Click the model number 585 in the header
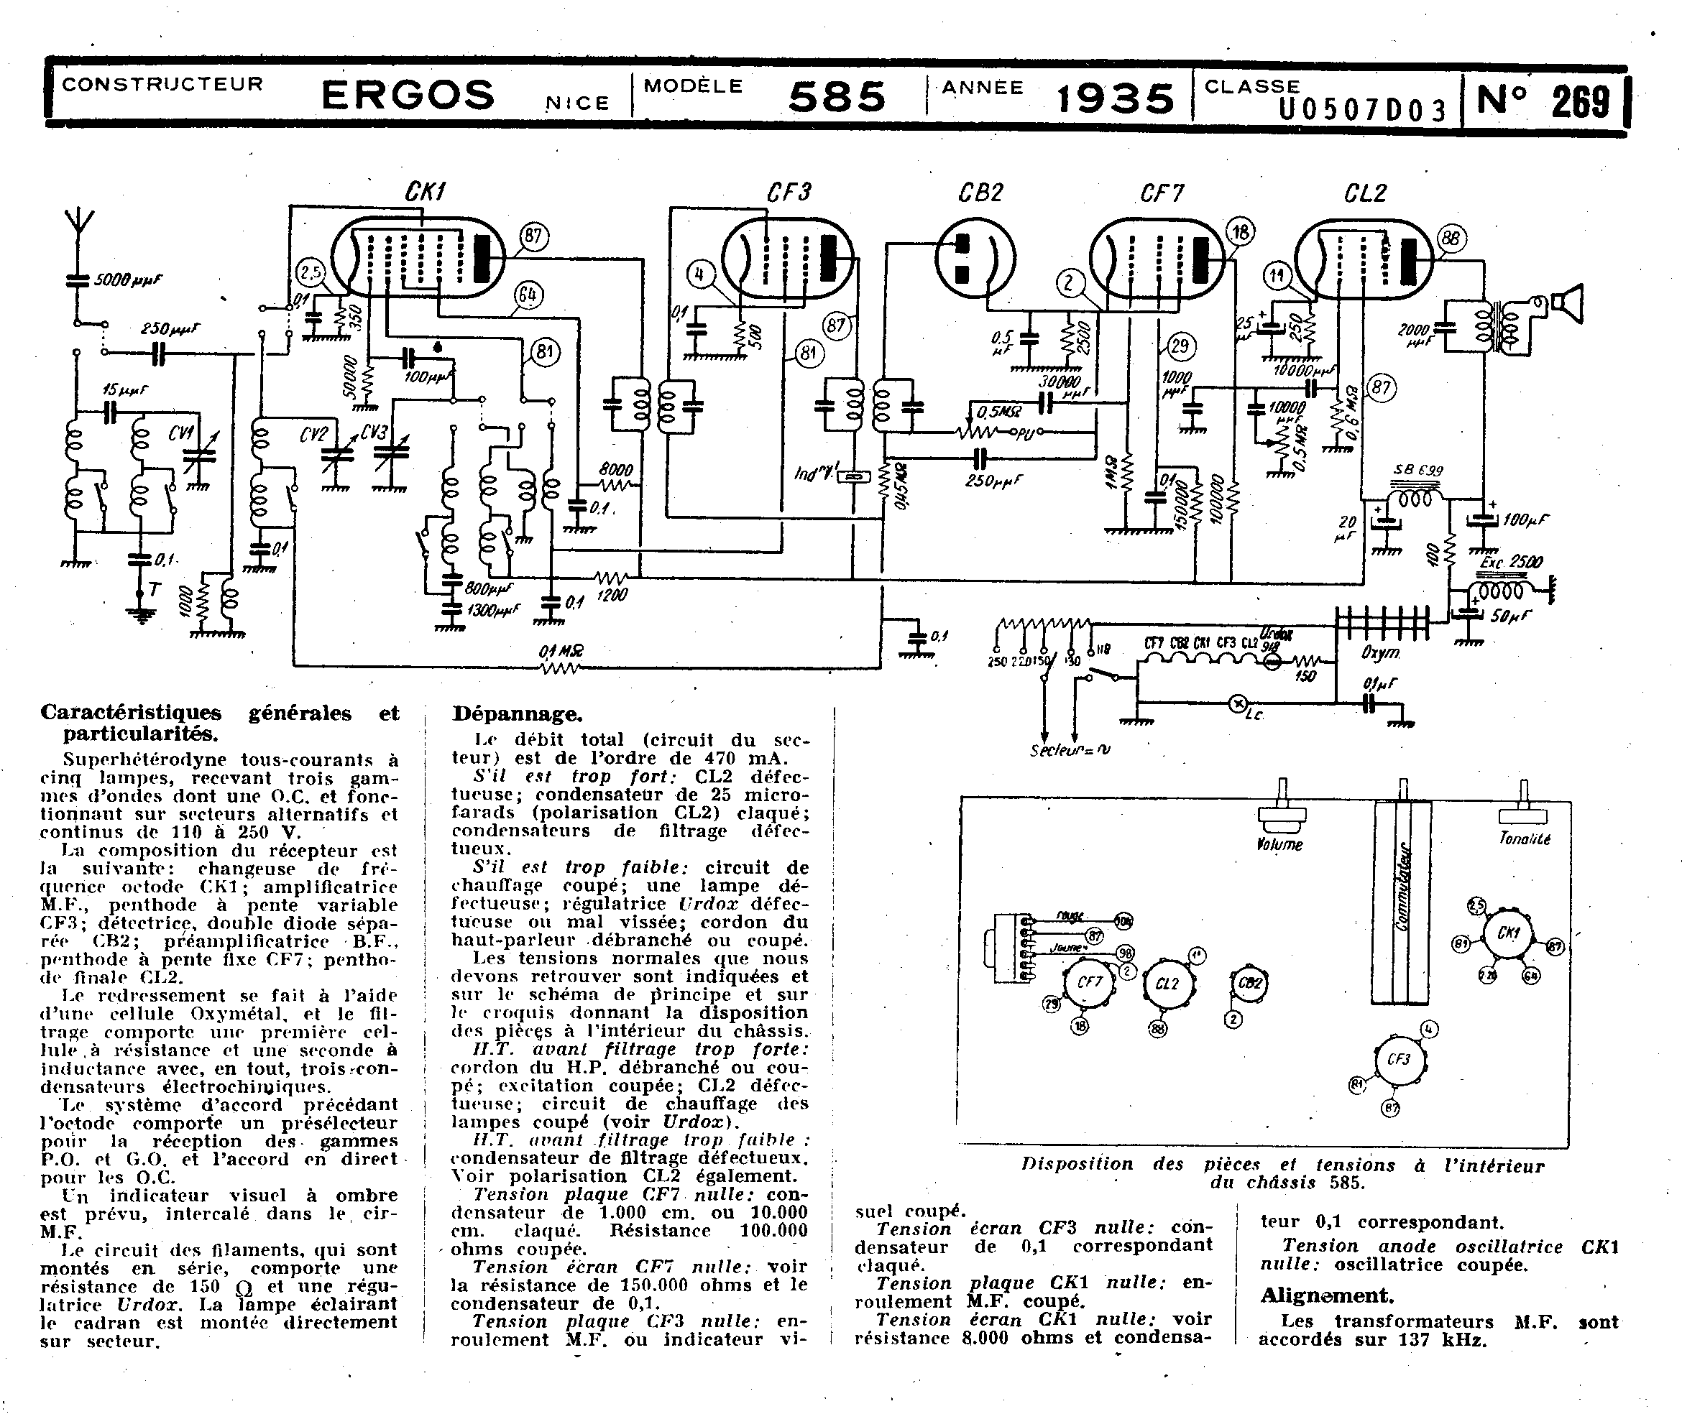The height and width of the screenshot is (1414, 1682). coord(837,98)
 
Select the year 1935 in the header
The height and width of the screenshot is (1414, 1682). coord(1115,98)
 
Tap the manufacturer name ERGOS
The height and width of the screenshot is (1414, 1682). coord(408,96)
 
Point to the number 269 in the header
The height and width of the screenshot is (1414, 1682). coord(1580,102)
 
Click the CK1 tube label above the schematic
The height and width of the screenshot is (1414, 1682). coord(425,193)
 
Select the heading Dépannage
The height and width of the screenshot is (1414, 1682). coord(517,714)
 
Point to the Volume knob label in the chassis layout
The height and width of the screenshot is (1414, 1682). coord(1279,844)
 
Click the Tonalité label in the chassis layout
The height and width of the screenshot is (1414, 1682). coord(1525,838)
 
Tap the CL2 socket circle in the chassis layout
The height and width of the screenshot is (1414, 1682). coord(1167,984)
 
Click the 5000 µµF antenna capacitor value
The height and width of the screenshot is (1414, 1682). coord(128,280)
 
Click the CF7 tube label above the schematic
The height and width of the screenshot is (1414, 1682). coord(1161,193)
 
